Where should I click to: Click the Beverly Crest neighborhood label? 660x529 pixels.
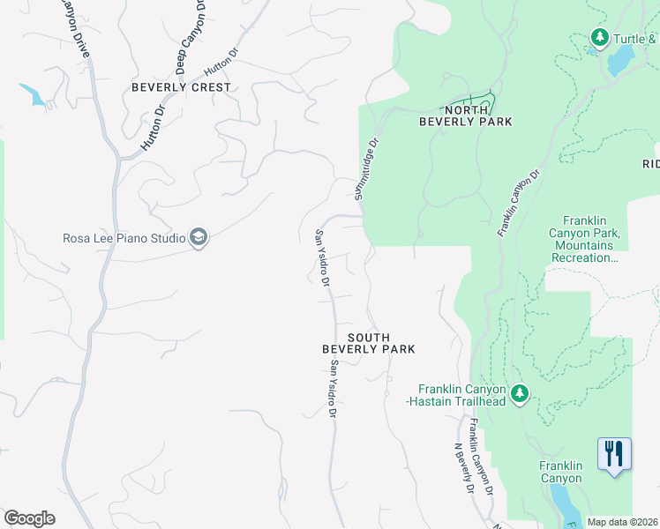tap(181, 87)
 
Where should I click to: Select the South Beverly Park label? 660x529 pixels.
tap(368, 343)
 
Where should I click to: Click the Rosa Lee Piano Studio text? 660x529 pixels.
tap(124, 238)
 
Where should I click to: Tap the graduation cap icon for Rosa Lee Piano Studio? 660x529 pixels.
tap(199, 238)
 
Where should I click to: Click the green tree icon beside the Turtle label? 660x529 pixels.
tap(600, 38)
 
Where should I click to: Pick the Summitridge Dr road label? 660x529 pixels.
tap(370, 168)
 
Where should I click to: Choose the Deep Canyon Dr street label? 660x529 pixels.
tap(191, 35)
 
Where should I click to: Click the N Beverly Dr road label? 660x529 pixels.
tap(464, 468)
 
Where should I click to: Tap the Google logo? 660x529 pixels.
tap(29, 518)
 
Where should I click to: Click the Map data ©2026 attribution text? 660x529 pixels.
tap(623, 522)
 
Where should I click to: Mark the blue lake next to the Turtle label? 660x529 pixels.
tap(620, 60)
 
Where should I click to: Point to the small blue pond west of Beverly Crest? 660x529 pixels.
tap(34, 94)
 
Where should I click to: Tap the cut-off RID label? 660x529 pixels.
tap(650, 164)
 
